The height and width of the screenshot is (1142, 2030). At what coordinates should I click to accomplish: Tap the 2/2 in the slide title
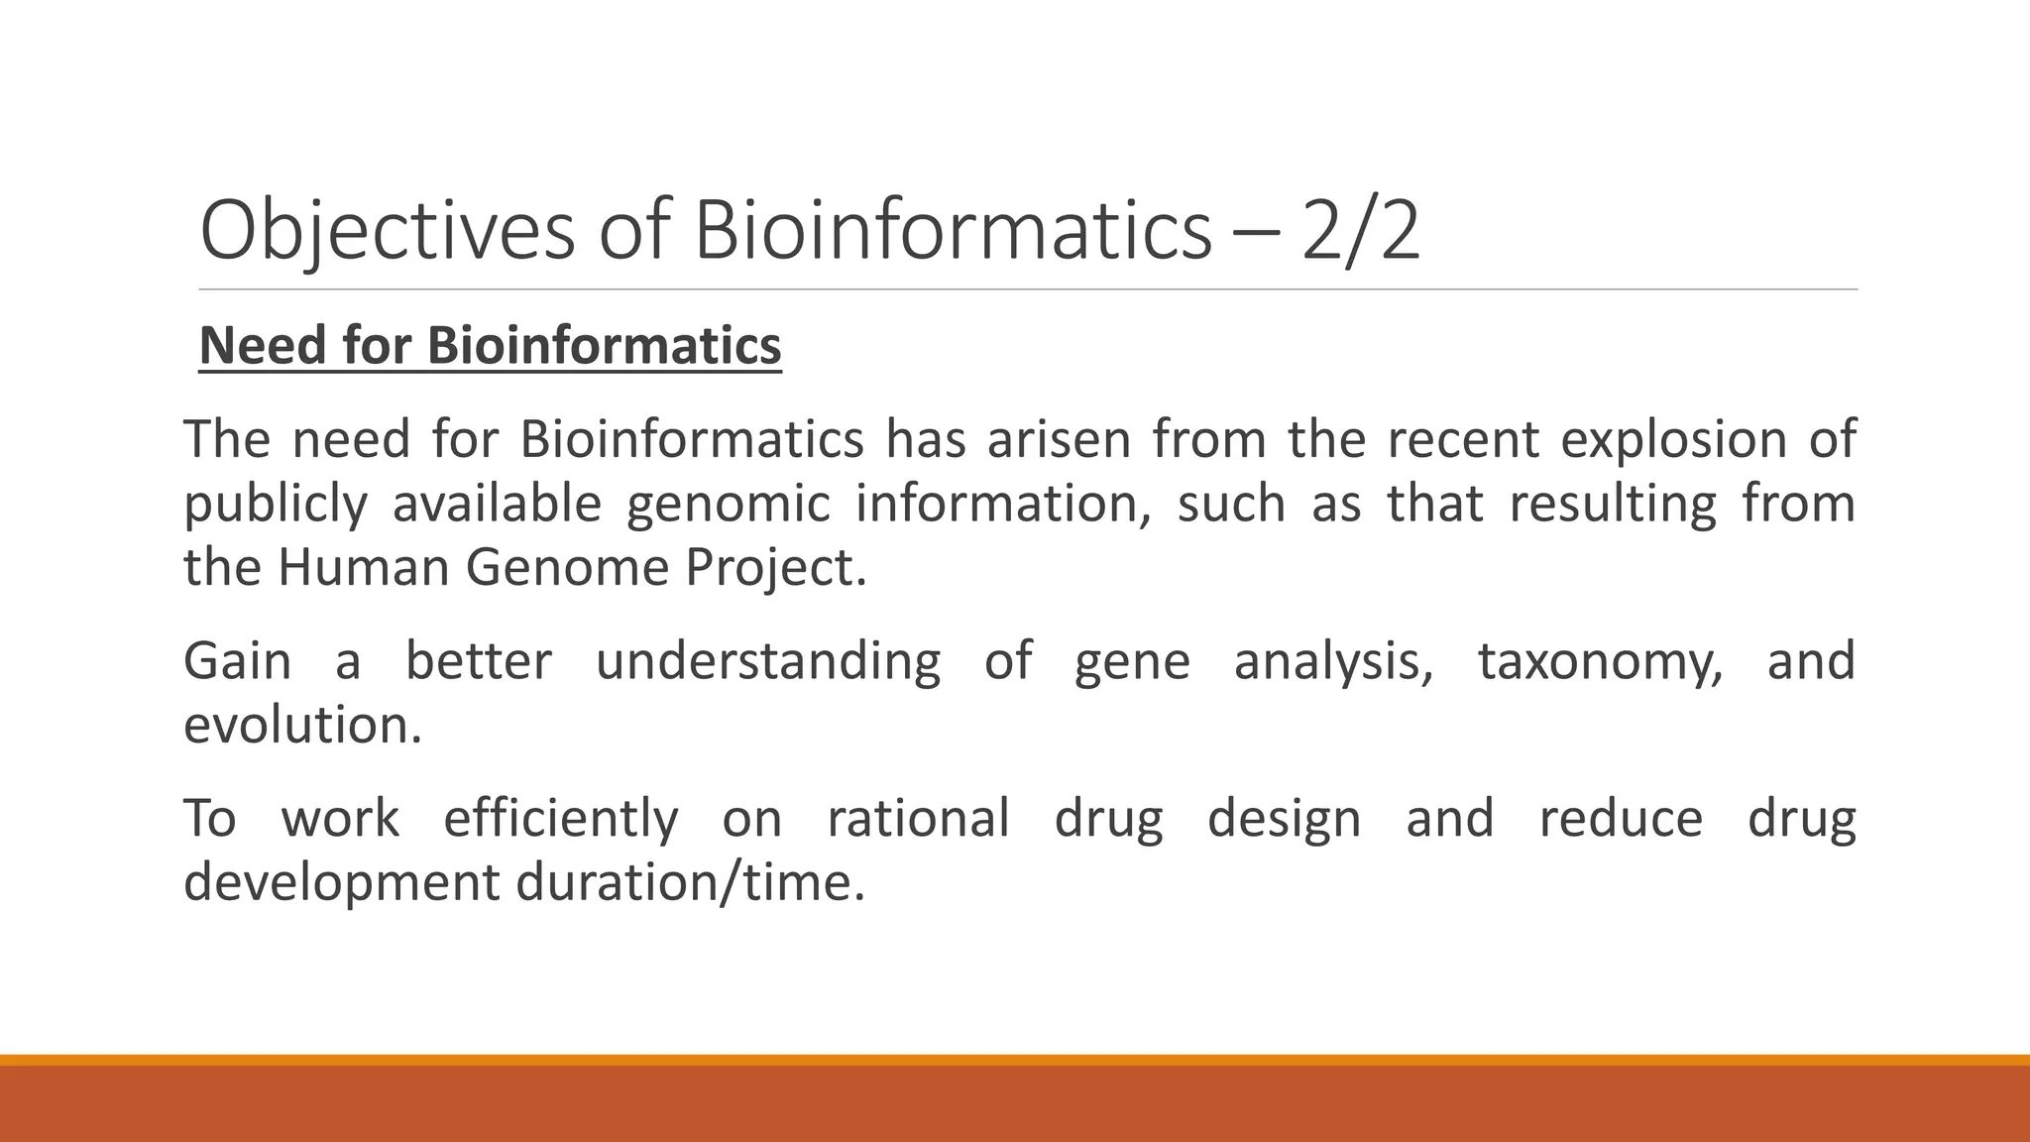coord(1361,231)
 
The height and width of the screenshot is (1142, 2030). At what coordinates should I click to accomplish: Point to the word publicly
coord(276,505)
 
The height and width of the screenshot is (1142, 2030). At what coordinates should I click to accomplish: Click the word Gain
coord(237,661)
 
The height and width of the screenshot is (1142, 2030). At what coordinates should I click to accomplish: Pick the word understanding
coord(768,661)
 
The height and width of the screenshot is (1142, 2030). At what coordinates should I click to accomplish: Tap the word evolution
coord(302,726)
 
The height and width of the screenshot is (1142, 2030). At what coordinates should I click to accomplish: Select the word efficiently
coord(560,819)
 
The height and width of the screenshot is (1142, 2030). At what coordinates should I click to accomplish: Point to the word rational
coord(918,819)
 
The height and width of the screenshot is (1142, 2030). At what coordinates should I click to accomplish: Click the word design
coord(1284,819)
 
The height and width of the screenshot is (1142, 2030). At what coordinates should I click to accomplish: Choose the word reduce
coord(1621,819)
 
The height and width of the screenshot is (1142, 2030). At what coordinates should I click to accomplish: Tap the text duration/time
coord(691,882)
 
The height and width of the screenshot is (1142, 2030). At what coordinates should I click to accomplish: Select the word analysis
coord(1333,661)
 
